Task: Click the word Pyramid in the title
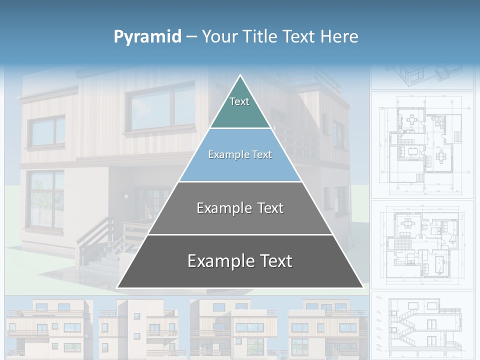147,37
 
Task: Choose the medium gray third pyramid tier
240,208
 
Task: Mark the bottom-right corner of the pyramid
362,287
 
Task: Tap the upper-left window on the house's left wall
46,131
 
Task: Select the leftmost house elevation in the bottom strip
48,327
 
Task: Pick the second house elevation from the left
139,327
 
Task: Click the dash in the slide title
191,37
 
